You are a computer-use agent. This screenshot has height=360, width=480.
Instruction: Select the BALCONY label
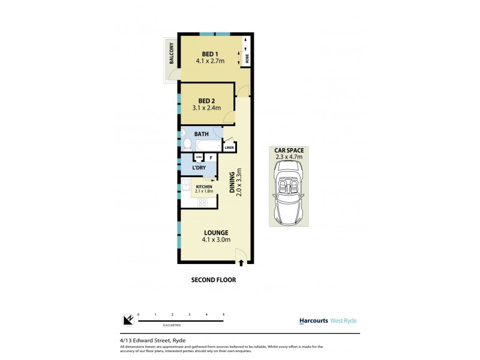(172, 53)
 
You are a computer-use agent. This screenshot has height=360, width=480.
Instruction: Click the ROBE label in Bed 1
(246, 59)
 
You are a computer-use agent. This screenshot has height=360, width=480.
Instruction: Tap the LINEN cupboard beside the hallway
(229, 147)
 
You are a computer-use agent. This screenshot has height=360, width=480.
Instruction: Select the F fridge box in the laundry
(211, 158)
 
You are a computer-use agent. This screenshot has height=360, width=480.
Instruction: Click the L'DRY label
(200, 168)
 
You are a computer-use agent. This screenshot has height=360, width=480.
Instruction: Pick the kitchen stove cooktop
(203, 202)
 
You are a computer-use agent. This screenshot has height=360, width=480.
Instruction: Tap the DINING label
(232, 184)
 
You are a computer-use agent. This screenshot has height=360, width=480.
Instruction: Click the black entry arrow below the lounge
(241, 262)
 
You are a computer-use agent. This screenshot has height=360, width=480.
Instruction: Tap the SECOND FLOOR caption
(213, 280)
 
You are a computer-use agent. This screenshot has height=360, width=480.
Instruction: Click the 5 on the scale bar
(224, 314)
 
